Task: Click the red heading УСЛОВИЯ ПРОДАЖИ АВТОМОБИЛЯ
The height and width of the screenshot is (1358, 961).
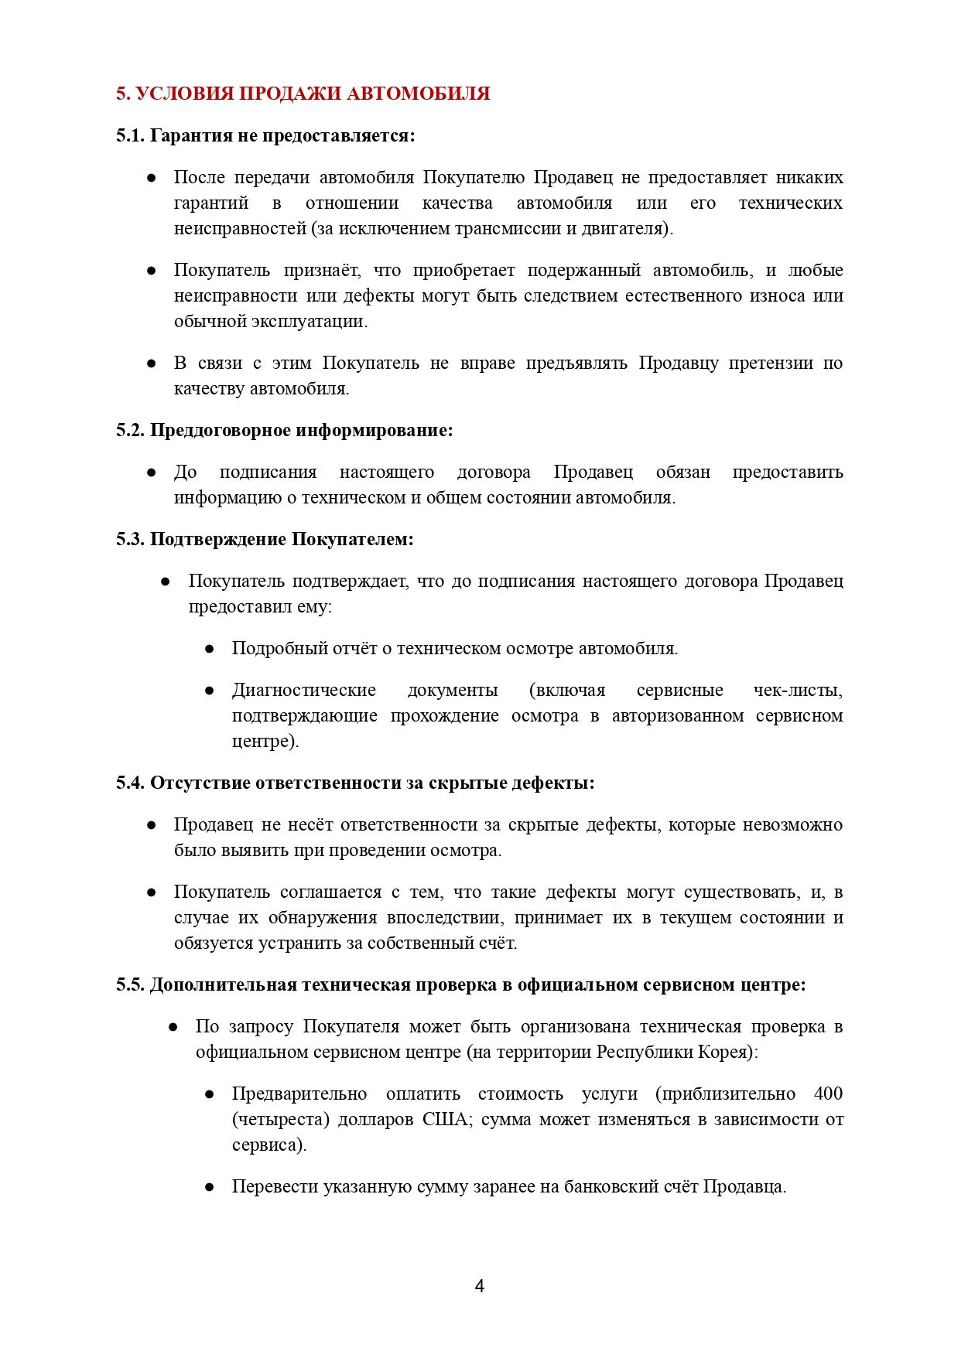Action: coord(303,94)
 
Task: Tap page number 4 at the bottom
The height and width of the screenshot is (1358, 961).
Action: coord(479,1286)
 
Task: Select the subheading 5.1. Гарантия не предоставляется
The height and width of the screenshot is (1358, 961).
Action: coord(265,136)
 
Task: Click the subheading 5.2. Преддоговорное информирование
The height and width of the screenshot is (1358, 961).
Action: coord(284,431)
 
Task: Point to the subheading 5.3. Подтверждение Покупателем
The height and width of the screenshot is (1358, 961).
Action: coord(265,540)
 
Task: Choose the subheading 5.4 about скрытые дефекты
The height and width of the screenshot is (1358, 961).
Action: coord(355,783)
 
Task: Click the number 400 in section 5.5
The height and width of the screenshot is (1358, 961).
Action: coord(828,1094)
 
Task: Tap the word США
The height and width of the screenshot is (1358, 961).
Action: coord(446,1120)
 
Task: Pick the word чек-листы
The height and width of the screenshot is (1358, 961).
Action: coord(798,691)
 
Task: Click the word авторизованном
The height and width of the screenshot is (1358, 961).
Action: coord(677,716)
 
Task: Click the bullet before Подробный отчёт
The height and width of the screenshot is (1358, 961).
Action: coord(209,649)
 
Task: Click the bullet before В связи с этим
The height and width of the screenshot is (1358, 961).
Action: coord(152,363)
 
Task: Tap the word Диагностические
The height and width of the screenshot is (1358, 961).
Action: coord(304,691)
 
